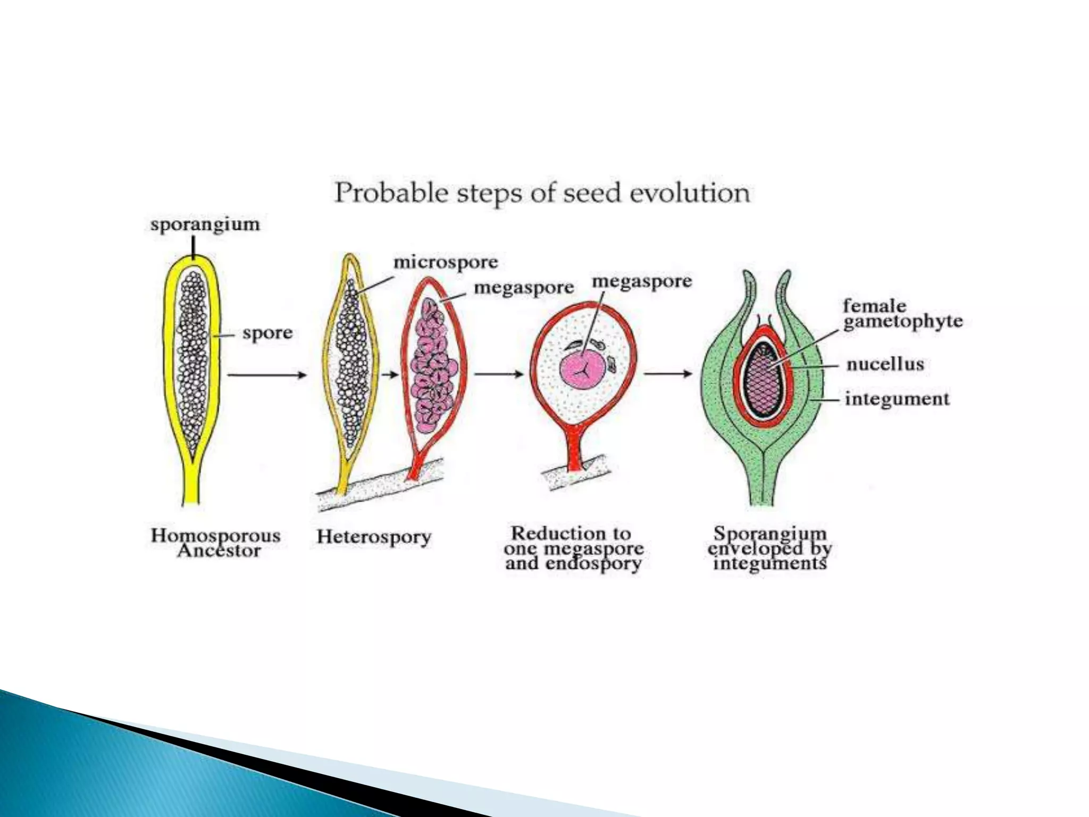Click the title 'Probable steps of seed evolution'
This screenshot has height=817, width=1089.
pos(542,193)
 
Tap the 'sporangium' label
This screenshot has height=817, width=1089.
pos(205,224)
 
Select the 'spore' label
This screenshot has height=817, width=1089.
pos(267,334)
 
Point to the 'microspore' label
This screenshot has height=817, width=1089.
pos(446,262)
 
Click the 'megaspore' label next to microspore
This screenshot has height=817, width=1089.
pos(524,288)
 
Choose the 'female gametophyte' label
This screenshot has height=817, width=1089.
pos(902,314)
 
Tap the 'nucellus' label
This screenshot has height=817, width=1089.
pos(885,364)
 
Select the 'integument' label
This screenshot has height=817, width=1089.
pos(897,399)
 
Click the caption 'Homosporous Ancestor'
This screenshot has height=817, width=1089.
pos(216,543)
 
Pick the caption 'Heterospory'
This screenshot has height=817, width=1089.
pos(374,537)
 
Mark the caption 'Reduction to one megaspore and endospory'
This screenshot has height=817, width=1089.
pos(574,548)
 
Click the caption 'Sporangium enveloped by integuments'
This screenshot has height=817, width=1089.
pos(769,548)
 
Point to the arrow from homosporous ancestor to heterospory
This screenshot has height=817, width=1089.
pos(267,375)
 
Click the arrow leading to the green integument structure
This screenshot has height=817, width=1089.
pos(668,374)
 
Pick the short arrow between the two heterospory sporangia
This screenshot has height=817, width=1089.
pos(391,375)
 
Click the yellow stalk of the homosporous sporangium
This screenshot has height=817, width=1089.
pos(191,481)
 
